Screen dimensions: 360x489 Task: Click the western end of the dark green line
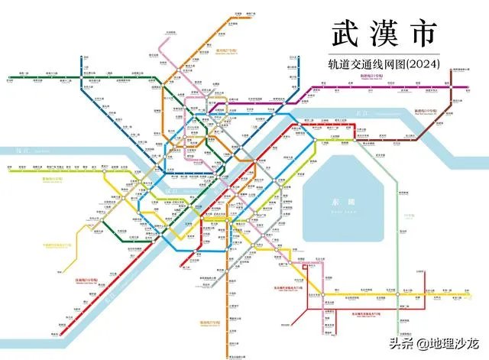[6, 76]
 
